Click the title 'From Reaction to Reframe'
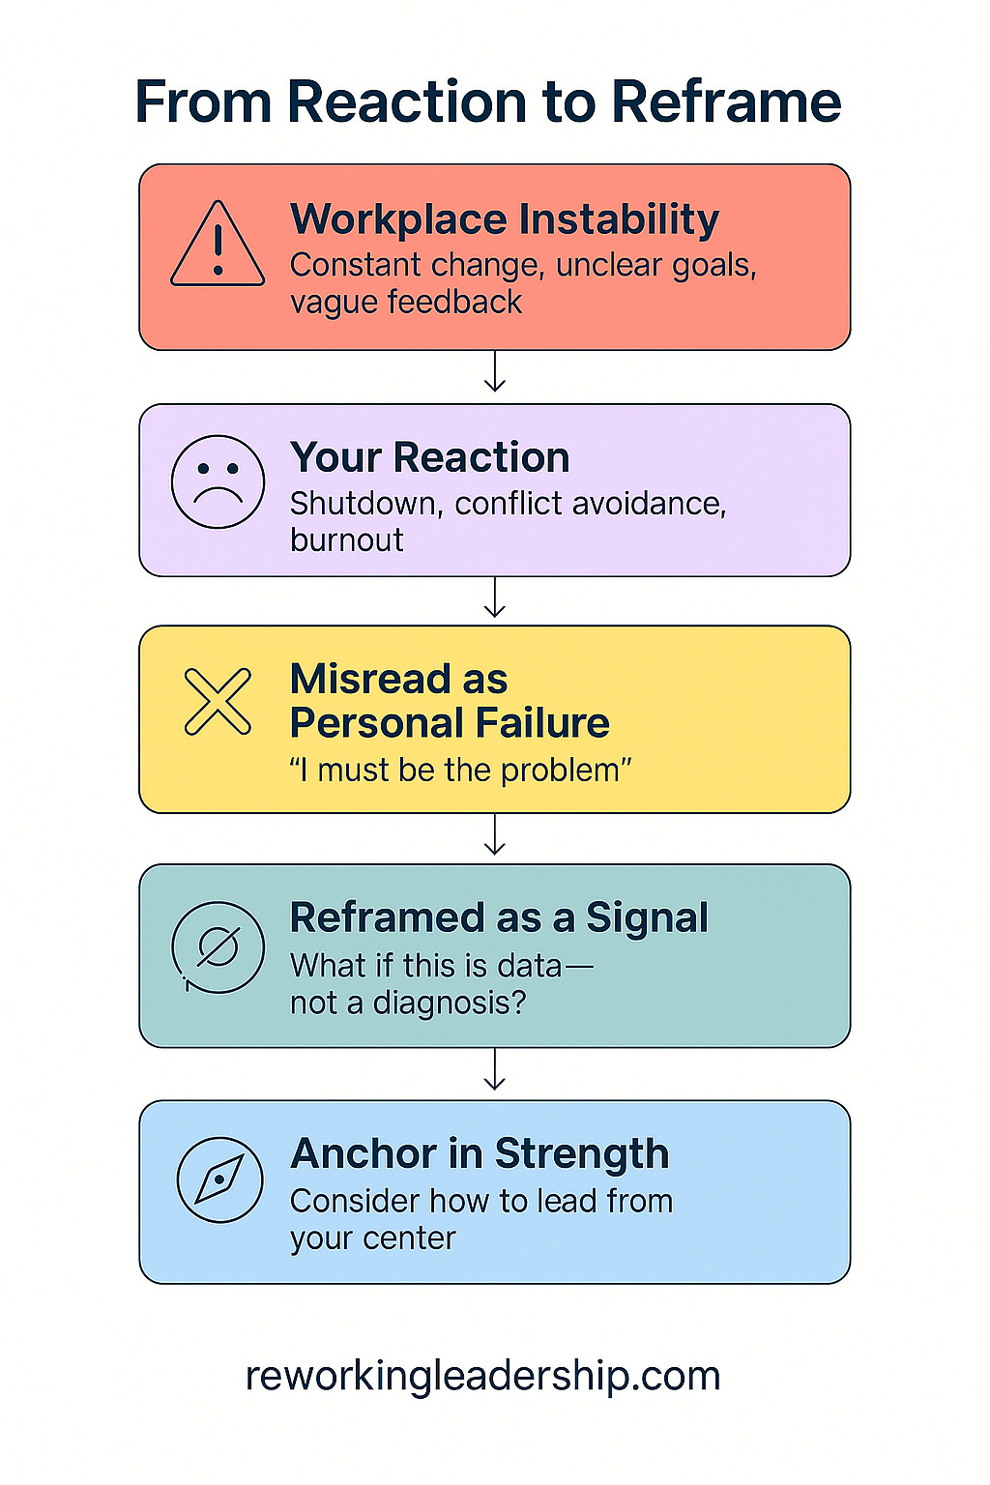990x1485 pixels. (x=488, y=102)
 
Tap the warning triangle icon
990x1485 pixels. (x=218, y=246)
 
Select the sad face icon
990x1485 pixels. (x=218, y=481)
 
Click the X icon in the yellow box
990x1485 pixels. (x=218, y=701)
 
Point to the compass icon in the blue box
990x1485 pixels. (x=219, y=1179)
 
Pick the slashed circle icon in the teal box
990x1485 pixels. (x=218, y=947)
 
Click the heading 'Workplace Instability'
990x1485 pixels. (x=505, y=219)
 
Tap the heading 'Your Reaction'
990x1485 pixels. (x=430, y=457)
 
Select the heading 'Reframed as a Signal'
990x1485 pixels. (x=499, y=917)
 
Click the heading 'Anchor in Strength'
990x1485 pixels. (x=480, y=1153)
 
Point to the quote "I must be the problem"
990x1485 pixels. (x=460, y=771)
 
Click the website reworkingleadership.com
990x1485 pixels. (x=483, y=1376)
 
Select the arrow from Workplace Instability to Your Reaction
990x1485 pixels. (x=495, y=372)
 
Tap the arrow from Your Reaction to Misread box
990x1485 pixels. (x=495, y=597)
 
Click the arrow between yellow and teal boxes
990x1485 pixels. (x=495, y=835)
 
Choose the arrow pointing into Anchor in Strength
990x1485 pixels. (x=495, y=1070)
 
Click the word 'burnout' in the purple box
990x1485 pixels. (x=347, y=539)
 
